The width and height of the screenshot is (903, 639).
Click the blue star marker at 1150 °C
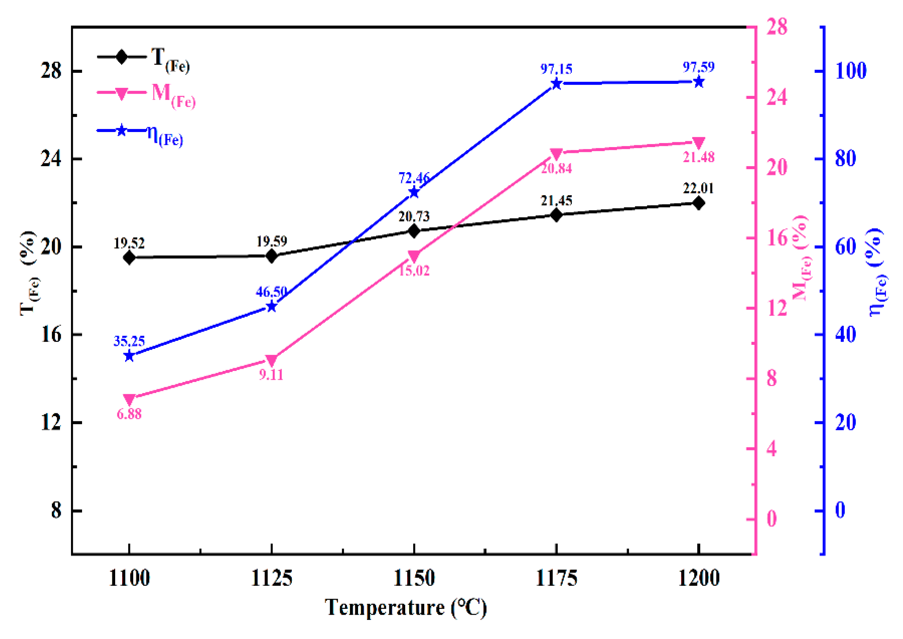click(414, 192)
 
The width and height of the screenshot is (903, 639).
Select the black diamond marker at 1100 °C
click(129, 258)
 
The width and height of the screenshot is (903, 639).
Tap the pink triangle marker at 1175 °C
click(556, 153)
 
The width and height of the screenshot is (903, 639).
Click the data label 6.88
click(129, 414)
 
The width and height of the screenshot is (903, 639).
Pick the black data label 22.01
click(698, 189)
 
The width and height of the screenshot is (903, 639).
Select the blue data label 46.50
click(271, 292)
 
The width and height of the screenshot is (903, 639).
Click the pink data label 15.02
click(414, 271)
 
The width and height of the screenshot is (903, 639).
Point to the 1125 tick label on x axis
click(271, 578)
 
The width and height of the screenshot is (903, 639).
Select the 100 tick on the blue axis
click(851, 71)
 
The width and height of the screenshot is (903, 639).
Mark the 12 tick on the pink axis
click(776, 308)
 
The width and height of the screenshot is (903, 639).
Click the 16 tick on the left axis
click(52, 335)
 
